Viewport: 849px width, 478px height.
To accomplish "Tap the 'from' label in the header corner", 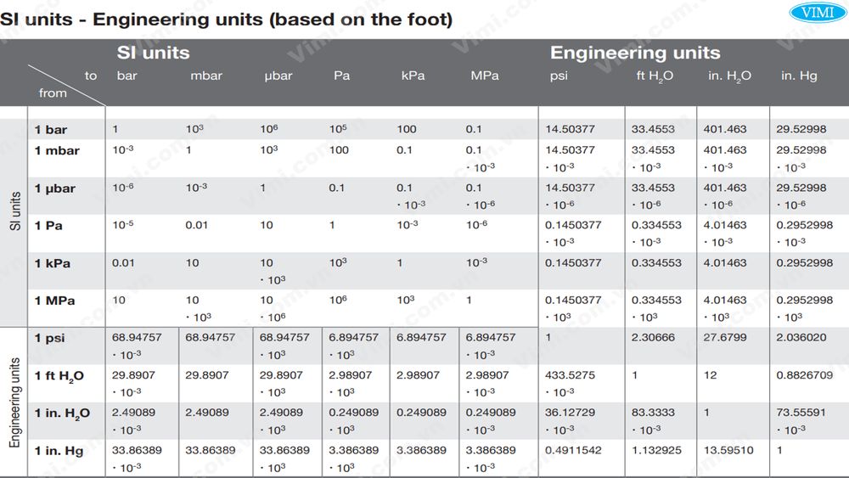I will tap(53, 93).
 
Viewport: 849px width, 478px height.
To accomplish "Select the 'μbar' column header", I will tap(278, 76).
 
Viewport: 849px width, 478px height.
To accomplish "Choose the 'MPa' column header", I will tap(485, 76).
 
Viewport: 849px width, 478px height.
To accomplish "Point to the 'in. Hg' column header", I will tap(799, 76).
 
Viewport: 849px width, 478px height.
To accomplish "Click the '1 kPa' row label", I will tap(53, 263).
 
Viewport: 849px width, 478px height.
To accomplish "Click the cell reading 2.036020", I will tap(801, 337).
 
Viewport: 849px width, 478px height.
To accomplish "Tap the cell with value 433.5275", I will tap(570, 374).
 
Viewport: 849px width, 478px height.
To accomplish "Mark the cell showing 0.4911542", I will tap(573, 449).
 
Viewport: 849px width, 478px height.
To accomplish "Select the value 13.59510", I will tap(728, 449).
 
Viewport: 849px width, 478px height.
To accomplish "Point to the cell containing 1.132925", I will tap(656, 449).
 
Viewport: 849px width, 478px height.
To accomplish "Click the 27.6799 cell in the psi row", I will tap(725, 337).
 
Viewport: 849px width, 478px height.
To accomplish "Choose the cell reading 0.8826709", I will tap(804, 374).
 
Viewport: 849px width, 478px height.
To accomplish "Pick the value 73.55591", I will tap(801, 412).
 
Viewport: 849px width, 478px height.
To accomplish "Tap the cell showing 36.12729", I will tap(570, 412).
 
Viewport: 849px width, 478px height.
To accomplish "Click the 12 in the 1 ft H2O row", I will tap(710, 374).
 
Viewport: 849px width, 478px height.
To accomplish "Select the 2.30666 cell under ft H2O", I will tap(653, 337).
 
